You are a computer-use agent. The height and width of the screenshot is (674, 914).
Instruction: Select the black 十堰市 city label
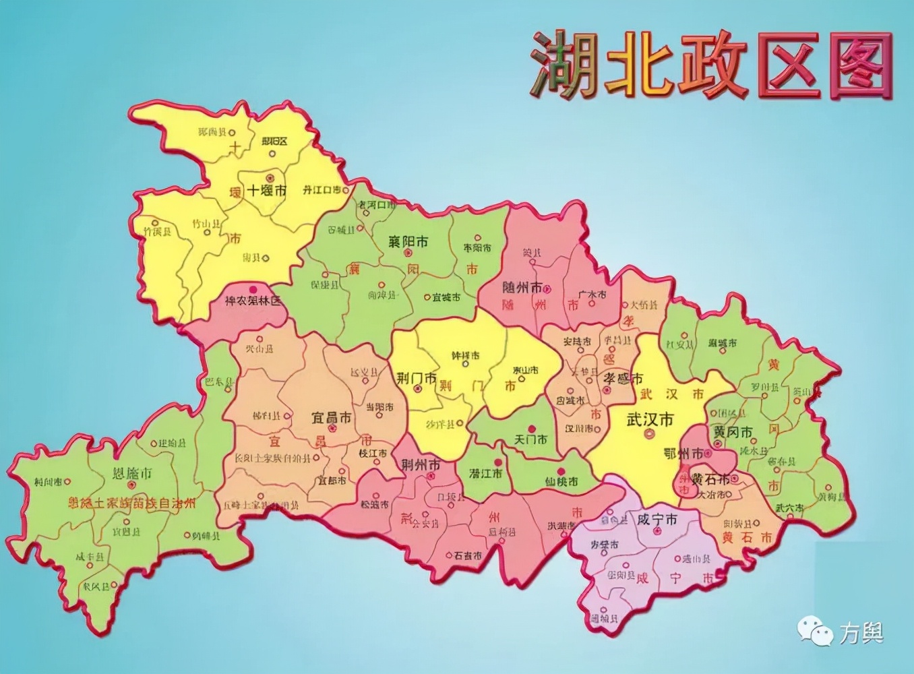267,190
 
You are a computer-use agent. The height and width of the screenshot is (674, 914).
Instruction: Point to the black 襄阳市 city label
408,241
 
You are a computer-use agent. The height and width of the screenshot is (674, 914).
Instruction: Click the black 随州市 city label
522,287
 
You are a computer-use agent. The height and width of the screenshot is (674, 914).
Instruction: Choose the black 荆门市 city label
416,378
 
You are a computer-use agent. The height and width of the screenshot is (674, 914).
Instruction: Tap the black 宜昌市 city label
331,418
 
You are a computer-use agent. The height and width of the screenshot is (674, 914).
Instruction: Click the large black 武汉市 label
650,419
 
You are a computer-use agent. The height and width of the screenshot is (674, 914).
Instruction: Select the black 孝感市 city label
623,379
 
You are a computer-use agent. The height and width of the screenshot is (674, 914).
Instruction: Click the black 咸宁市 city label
657,520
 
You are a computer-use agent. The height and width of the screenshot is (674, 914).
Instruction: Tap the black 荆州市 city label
421,464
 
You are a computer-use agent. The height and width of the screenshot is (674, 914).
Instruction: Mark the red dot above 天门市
532,429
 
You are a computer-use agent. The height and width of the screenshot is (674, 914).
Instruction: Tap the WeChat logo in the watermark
816,632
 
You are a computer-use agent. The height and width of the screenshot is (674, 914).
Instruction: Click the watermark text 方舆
861,633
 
